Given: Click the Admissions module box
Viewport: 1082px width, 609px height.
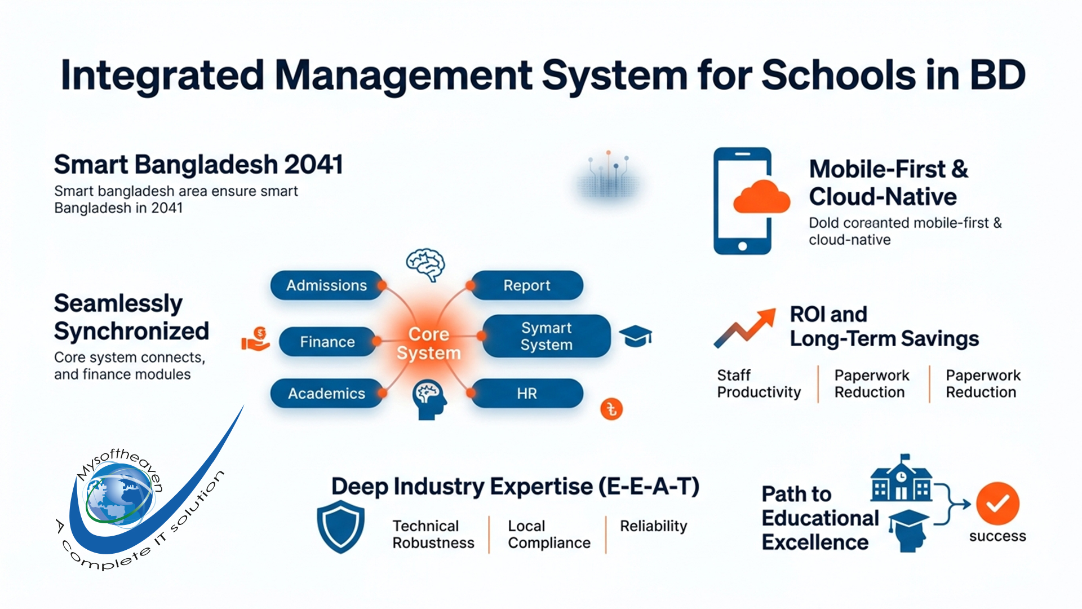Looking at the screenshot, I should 326,285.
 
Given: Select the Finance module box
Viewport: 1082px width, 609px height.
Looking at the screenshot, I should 327,342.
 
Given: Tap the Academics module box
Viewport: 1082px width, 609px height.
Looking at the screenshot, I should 326,393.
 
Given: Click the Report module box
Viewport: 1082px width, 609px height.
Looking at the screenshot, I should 526,285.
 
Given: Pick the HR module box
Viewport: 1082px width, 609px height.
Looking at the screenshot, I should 526,393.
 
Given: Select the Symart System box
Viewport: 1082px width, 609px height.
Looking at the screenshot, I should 546,336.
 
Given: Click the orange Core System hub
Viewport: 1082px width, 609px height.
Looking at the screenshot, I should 428,343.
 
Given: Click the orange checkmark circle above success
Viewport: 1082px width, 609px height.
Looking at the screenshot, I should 997,504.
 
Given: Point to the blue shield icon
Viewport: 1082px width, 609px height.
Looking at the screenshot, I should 340,527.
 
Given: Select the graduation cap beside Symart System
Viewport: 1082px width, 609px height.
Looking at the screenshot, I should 635,336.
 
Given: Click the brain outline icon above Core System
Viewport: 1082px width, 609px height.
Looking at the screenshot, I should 425,264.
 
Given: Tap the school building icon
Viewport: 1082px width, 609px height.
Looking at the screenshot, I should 901,480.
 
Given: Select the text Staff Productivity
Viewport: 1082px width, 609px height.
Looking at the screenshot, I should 758,383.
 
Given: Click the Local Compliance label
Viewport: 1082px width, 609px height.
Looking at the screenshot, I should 548,534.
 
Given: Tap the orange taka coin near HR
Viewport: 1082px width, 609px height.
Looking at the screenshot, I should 611,409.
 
